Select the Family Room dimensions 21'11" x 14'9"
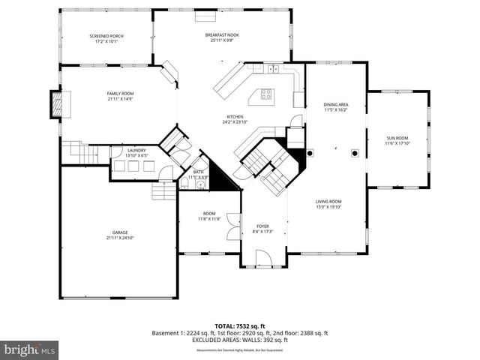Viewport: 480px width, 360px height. (120, 99)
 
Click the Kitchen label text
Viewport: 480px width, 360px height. (235, 116)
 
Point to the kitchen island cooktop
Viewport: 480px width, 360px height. (265, 94)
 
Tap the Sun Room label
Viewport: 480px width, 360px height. (397, 138)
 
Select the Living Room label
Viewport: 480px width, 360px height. (328, 201)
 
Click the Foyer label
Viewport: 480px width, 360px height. (262, 226)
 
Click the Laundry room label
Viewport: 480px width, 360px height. (136, 150)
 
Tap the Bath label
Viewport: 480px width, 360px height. (199, 172)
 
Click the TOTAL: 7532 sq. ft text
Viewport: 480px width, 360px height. (239, 325)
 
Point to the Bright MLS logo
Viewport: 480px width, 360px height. (30, 349)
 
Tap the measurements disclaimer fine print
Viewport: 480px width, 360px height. (239, 349)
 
